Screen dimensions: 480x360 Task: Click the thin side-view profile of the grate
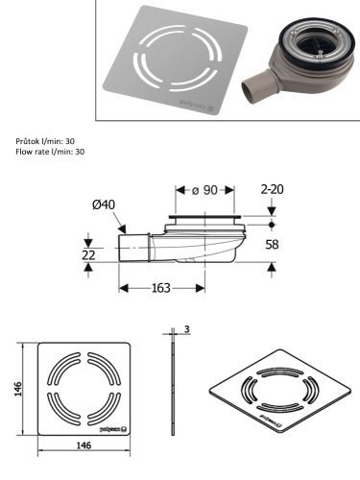172,394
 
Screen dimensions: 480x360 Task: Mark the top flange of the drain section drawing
207,219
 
